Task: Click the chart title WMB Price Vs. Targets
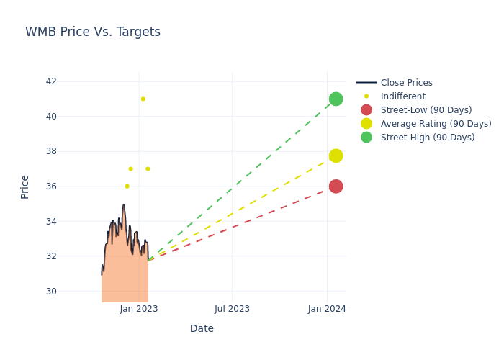93,32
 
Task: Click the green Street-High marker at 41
336,99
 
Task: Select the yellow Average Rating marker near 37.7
336,156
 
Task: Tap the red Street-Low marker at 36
336,186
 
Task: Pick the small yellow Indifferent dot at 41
143,99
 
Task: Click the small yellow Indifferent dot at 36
127,186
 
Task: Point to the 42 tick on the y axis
51,81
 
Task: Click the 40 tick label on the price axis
51,117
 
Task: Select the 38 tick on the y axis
51,151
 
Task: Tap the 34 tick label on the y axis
51,221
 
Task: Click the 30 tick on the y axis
51,291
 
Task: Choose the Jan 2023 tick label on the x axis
139,309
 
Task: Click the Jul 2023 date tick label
232,309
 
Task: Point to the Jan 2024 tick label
327,309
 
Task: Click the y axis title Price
25,186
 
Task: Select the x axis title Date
202,328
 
